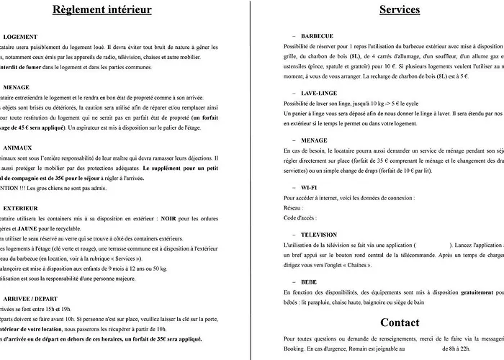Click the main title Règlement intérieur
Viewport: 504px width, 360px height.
[102, 10]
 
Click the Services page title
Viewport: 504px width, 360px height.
[399, 10]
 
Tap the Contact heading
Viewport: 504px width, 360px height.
[399, 322]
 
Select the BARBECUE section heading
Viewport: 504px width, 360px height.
[318, 35]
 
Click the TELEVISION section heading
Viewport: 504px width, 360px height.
[319, 235]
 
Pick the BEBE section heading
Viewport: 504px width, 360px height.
[310, 282]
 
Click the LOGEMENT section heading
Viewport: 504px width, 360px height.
[20, 36]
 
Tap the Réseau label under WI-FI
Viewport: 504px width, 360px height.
[294, 207]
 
